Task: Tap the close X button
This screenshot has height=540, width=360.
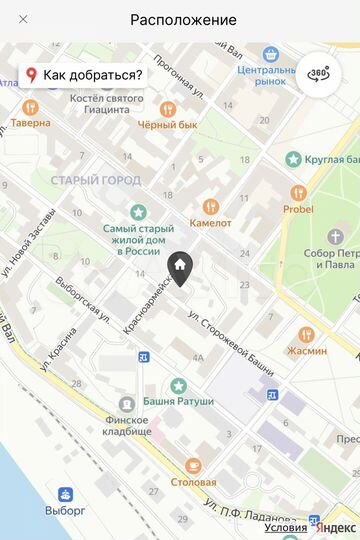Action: (23, 20)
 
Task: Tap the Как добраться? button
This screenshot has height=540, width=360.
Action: (84, 75)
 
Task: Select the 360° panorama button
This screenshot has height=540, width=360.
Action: (318, 75)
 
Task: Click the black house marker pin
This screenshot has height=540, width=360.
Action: (180, 267)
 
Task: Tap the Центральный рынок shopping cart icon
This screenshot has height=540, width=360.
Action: (269, 54)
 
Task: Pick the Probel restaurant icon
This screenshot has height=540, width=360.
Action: (297, 192)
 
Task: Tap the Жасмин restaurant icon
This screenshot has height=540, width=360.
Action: (306, 334)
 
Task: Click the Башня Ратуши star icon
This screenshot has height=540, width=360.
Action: (178, 385)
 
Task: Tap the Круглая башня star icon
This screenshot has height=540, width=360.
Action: (294, 158)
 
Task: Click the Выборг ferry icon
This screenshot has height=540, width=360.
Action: (64, 494)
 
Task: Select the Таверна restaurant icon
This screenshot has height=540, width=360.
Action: (30, 107)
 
